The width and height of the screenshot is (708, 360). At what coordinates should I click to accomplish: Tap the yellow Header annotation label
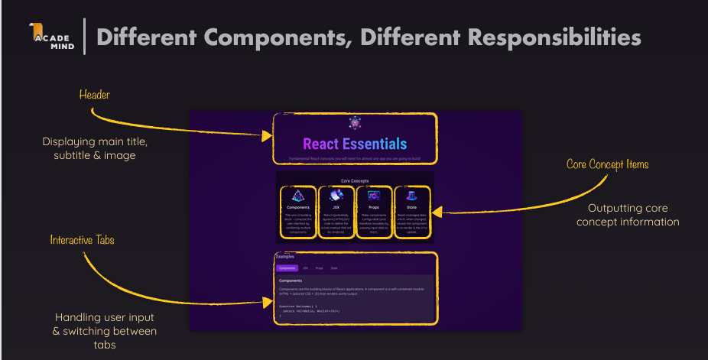[95, 95]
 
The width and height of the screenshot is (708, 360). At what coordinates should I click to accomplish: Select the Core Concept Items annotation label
[608, 164]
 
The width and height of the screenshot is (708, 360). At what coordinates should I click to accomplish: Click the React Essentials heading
[355, 144]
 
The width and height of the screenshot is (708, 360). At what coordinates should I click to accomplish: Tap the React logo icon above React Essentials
[355, 122]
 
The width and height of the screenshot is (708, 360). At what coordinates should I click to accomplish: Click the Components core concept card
[298, 212]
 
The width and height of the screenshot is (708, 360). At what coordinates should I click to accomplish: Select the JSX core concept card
[336, 212]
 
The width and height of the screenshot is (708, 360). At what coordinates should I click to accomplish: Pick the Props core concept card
[374, 212]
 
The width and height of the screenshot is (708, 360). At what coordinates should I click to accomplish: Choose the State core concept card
[412, 212]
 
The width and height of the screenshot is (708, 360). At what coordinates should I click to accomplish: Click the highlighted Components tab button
[287, 268]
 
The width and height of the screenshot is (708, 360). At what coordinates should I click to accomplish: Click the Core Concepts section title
[355, 181]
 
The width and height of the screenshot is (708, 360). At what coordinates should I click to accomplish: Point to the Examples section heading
[284, 257]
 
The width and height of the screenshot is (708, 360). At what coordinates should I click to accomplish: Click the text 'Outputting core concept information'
[628, 215]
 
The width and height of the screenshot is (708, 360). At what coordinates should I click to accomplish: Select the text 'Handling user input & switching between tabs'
[105, 331]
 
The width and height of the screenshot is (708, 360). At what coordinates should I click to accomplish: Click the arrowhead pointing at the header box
[267, 136]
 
